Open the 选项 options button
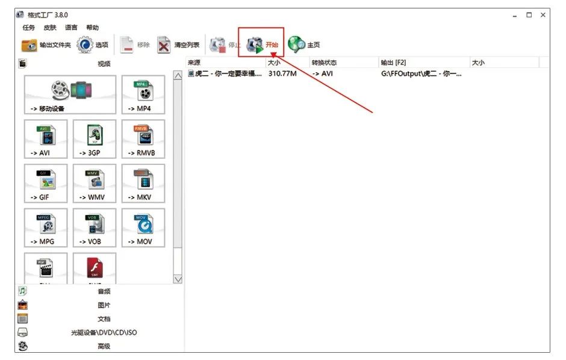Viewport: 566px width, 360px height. [x=93, y=45]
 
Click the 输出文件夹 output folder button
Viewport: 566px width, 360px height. [x=46, y=45]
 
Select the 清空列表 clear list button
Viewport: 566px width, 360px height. [x=178, y=45]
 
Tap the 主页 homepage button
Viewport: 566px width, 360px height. [x=304, y=45]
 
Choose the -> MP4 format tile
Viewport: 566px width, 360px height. [x=143, y=95]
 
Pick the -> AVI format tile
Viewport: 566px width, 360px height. [x=46, y=138]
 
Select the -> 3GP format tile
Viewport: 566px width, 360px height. [x=94, y=138]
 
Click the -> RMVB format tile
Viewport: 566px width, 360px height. [x=143, y=138]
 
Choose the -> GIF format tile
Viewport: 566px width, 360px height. [x=46, y=183]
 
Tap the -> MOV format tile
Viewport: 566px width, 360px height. [x=143, y=228]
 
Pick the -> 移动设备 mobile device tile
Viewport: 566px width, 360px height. [x=70, y=95]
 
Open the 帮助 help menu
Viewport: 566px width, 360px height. [x=92, y=28]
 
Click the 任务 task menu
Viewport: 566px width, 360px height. [x=29, y=28]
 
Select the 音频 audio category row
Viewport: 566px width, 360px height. [x=104, y=291]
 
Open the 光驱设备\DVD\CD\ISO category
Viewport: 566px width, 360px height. [x=104, y=332]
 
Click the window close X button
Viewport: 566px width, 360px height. [x=543, y=15]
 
